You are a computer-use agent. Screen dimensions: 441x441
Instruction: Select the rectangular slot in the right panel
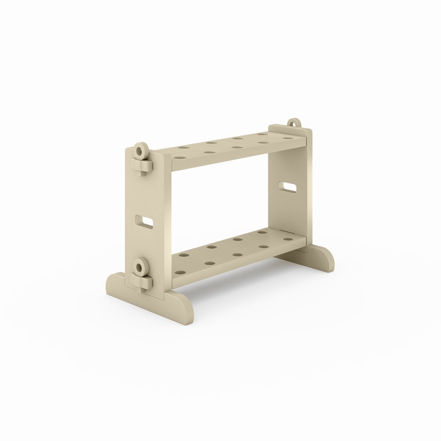(288, 187)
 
